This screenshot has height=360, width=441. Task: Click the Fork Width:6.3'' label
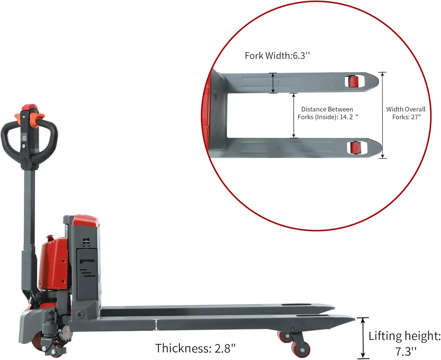pyautogui.click(x=277, y=56)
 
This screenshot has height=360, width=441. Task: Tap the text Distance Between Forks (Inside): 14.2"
pyautogui.click(x=327, y=113)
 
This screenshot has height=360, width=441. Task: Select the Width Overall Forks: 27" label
pyautogui.click(x=406, y=113)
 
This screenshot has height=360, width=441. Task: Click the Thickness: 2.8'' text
pyautogui.click(x=195, y=348)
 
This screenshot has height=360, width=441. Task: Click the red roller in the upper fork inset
pyautogui.click(x=354, y=82)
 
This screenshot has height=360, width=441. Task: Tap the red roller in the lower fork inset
pyautogui.click(x=355, y=148)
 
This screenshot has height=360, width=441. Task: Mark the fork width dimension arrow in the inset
pyautogui.click(x=273, y=83)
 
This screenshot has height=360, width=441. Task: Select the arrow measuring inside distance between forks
pyautogui.click(x=294, y=115)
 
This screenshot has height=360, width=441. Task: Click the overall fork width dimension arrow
pyautogui.click(x=382, y=115)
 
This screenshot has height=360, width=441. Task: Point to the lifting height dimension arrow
pyautogui.click(x=363, y=338)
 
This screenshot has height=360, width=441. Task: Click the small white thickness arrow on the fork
pyautogui.click(x=156, y=325)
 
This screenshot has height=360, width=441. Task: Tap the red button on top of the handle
pyautogui.click(x=30, y=107)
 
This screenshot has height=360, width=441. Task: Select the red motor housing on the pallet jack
pyautogui.click(x=53, y=263)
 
